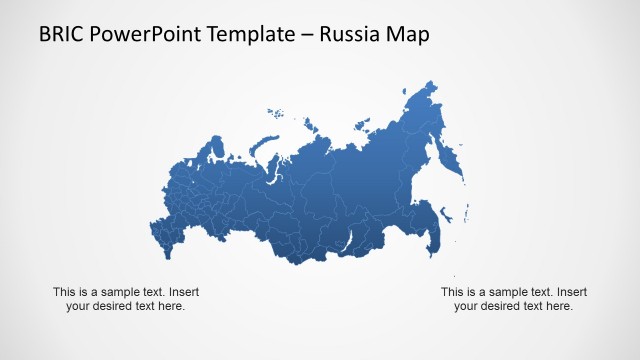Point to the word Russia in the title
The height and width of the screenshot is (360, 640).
click(x=355, y=35)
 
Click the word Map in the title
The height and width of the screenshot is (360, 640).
click(x=411, y=35)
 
